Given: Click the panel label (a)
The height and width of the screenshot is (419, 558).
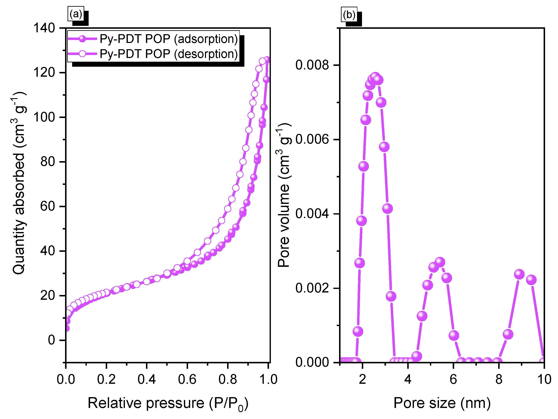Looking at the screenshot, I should click(x=76, y=14).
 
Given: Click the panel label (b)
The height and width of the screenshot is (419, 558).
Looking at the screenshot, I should click(x=349, y=15).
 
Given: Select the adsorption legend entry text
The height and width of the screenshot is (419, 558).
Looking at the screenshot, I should click(x=169, y=39).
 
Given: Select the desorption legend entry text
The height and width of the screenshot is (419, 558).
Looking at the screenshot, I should click(x=169, y=54).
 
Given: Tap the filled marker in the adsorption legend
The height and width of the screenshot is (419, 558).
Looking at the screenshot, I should click(x=82, y=39).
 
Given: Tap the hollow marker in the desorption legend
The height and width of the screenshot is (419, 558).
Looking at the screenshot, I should click(x=82, y=54).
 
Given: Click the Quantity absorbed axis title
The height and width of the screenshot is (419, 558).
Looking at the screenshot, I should click(x=19, y=183).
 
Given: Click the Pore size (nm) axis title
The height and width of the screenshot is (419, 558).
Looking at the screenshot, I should click(x=442, y=403).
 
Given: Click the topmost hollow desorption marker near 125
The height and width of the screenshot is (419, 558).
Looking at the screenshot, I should click(x=263, y=61).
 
